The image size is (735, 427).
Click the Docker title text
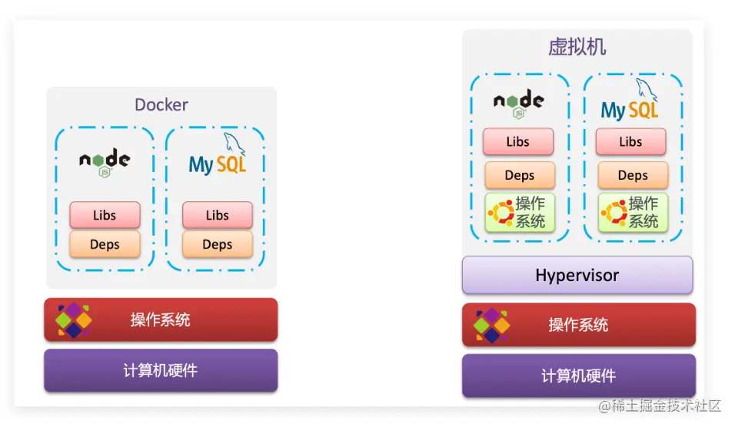coord(161,104)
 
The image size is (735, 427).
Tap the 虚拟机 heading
coord(577,47)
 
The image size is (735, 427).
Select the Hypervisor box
coord(577,275)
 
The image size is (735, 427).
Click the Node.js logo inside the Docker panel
coord(105,161)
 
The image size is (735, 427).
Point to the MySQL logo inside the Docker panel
coord(218,160)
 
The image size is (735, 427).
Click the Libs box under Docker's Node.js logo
coord(105,215)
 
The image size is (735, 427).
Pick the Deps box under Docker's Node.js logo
coord(105,244)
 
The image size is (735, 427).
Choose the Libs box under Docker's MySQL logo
coord(218,215)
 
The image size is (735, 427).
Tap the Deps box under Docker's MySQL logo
coord(218,244)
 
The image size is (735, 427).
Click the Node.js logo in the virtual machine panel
coord(519,103)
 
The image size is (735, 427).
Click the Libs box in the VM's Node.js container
coord(518,141)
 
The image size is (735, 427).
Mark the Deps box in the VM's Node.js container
coord(520,175)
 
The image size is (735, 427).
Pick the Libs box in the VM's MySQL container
coord(630,141)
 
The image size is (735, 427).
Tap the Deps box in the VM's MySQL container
coord(633,175)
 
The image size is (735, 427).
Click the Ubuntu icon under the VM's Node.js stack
coord(501,213)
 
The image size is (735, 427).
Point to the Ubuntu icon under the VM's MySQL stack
coord(614,213)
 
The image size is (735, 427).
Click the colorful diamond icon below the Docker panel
coord(74,319)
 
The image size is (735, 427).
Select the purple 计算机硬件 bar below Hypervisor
coord(578,376)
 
